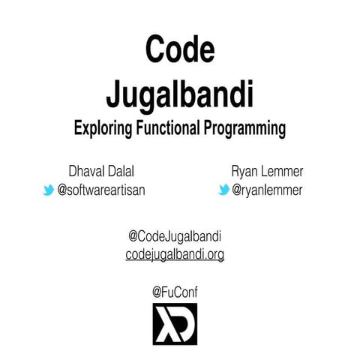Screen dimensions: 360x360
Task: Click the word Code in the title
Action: pos(179,50)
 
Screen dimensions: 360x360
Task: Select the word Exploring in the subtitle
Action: pos(103,128)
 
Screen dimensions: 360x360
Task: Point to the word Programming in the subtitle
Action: pos(244,128)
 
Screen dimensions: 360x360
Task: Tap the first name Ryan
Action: pos(245,172)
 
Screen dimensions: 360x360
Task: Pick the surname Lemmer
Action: pos(282,172)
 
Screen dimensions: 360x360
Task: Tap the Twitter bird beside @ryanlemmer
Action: pos(223,190)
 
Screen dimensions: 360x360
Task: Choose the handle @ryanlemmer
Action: pos(267,190)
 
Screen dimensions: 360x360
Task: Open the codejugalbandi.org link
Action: pos(175,255)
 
